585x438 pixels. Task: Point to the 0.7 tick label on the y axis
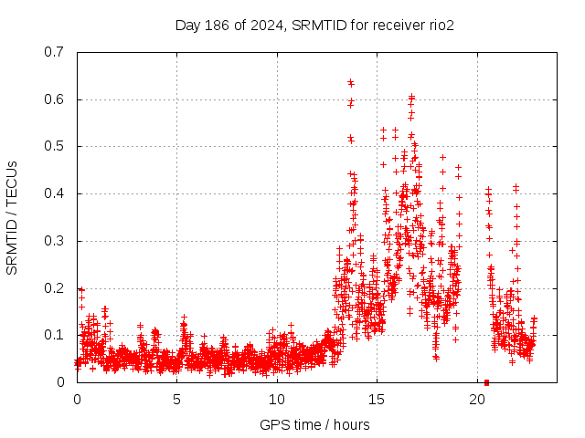[x=53, y=52]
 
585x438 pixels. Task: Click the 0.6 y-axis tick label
[x=53, y=99]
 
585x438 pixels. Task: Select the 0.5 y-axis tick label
[x=53, y=146]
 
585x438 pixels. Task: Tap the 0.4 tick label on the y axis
[x=53, y=193]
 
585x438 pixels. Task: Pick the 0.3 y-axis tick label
[x=53, y=241]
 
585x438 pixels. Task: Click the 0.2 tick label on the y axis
[x=53, y=288]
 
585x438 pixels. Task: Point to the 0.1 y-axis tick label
[x=53, y=335]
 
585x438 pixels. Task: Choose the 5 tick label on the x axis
[x=177, y=400]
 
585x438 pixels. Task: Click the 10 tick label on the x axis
[x=277, y=400]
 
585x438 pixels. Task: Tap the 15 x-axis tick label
[x=377, y=400]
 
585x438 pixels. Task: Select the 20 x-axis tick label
[x=477, y=400]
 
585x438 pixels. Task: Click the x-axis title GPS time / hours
[x=314, y=424]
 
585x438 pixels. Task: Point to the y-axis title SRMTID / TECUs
[x=13, y=217]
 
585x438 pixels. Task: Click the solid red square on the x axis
[x=486, y=382]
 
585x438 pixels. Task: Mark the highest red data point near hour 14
[x=350, y=82]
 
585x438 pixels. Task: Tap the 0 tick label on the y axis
[x=60, y=382]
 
